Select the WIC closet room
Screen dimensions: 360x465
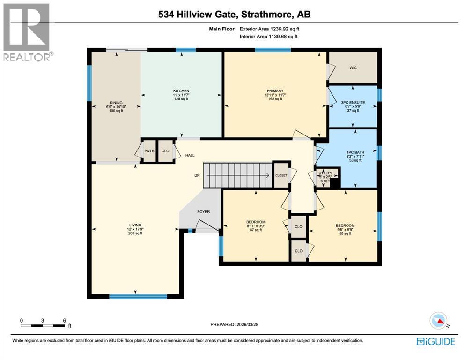click(x=353, y=68)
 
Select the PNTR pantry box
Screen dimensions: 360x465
click(x=149, y=151)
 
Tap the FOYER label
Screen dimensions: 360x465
click(x=203, y=212)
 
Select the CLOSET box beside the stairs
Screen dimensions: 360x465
click(x=281, y=175)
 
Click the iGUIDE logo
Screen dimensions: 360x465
click(x=435, y=341)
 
